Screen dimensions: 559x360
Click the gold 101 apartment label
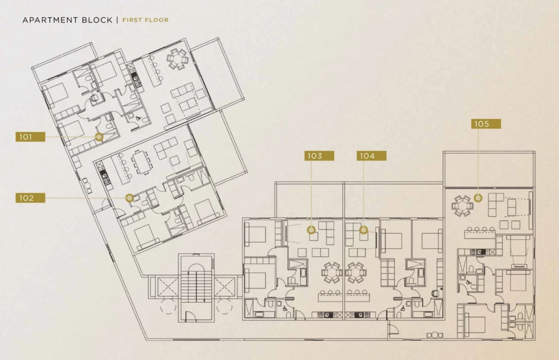31,137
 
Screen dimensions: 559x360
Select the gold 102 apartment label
31,198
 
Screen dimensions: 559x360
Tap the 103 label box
319,156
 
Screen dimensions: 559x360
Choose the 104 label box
371,156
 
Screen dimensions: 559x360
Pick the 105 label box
486,124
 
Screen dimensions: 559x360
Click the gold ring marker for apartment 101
99,137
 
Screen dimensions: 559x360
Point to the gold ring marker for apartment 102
130,198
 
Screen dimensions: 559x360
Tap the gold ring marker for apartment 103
311,230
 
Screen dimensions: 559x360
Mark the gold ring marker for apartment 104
363,230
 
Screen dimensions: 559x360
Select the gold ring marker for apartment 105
478,198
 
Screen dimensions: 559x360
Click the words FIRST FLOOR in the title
145,20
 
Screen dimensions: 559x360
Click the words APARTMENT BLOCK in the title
67,20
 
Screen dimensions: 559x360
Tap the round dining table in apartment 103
332,273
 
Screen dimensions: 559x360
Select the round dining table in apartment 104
355,273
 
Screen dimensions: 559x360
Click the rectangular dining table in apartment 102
141,162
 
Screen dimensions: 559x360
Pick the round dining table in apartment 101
177,59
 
